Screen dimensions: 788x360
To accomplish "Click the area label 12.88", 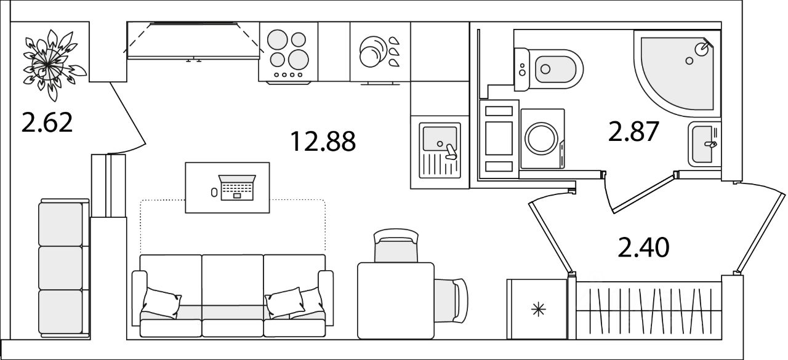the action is (x=323, y=142).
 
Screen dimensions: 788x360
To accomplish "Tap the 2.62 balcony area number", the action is (x=47, y=122).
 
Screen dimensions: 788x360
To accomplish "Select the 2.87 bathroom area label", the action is (x=633, y=131).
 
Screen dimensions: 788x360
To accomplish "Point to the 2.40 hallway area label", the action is (x=643, y=247).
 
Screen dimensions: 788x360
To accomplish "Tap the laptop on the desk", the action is (x=237, y=187).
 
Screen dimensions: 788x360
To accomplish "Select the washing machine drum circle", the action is (x=541, y=138).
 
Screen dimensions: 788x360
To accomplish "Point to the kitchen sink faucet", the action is (x=450, y=152).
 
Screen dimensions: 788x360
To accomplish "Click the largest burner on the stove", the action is (x=299, y=59).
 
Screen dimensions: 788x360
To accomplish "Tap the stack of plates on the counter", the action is (x=373, y=51).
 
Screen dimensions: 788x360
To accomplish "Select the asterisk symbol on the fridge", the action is (x=539, y=310).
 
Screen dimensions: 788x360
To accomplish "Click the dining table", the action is (x=396, y=300).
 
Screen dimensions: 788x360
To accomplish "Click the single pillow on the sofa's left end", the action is (x=162, y=303).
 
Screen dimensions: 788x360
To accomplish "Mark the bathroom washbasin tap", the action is (x=711, y=144).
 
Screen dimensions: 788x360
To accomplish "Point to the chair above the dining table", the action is (x=396, y=246).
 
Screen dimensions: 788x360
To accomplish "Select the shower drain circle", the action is (x=689, y=61).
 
